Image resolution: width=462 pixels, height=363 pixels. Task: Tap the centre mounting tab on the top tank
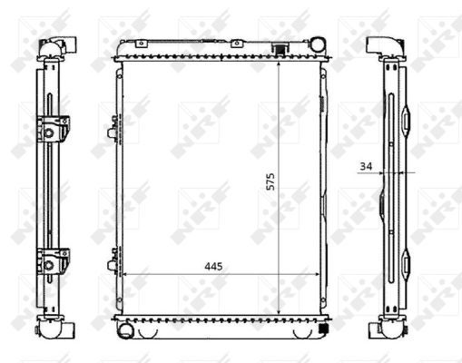[235, 42]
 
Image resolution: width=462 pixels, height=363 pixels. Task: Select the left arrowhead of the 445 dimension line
[125, 274]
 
